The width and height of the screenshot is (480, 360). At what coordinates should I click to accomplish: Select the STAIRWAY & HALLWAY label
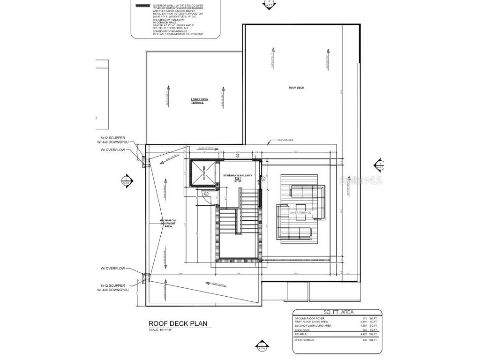[x=238, y=176]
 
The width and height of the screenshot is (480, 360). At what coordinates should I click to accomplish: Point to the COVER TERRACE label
[x=300, y=213]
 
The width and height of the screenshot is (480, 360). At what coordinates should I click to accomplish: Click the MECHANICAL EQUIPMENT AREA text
[x=168, y=224]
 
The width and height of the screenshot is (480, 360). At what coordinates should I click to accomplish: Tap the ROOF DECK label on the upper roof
[x=296, y=88]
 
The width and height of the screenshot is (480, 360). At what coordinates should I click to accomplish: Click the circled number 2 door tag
[x=206, y=193]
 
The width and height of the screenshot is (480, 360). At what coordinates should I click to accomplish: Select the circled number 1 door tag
[x=263, y=179]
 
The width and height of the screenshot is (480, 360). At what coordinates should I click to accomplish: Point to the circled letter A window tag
[x=237, y=155]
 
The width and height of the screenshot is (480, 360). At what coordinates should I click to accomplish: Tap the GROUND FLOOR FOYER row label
[x=309, y=318]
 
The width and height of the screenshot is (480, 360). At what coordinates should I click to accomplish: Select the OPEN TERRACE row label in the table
[x=305, y=339]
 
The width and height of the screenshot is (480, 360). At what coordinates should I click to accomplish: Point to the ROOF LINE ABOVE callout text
[x=285, y=140]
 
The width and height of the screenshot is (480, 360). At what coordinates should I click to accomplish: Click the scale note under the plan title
[x=160, y=330]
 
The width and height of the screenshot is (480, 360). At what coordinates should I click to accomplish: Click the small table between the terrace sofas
[x=300, y=209]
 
